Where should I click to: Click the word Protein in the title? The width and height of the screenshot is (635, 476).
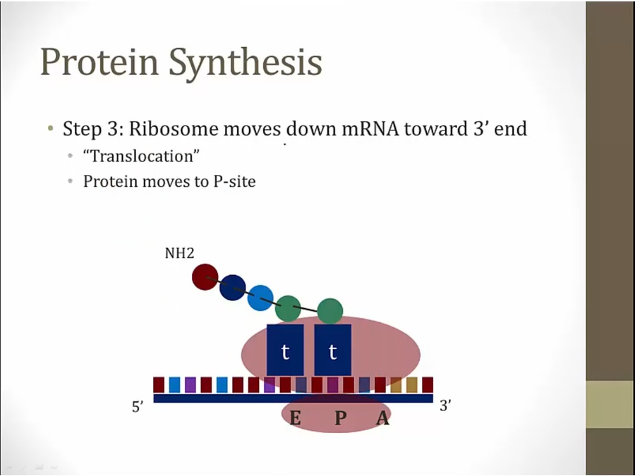(99, 61)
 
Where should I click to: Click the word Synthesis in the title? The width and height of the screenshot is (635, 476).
(246, 63)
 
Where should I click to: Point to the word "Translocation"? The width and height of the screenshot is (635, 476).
(141, 156)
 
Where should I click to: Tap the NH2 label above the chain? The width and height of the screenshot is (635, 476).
(179, 253)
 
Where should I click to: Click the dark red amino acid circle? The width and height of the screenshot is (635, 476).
(205, 277)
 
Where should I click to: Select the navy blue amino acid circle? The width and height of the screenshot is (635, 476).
(232, 288)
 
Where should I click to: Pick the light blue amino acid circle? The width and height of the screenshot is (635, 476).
(260, 298)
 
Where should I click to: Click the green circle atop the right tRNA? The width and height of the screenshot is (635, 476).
(330, 311)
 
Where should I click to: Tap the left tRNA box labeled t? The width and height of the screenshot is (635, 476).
(285, 350)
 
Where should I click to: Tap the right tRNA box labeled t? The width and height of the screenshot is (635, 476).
(332, 350)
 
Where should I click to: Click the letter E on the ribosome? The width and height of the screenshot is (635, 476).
(295, 417)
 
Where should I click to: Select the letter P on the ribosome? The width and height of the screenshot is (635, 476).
(340, 417)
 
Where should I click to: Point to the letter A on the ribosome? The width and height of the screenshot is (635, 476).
(382, 418)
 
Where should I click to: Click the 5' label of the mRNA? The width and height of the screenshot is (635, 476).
(138, 406)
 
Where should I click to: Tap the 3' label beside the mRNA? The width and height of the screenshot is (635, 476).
(445, 405)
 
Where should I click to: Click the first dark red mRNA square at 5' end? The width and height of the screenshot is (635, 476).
(159, 384)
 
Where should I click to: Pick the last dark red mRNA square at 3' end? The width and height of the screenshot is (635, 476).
(428, 384)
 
